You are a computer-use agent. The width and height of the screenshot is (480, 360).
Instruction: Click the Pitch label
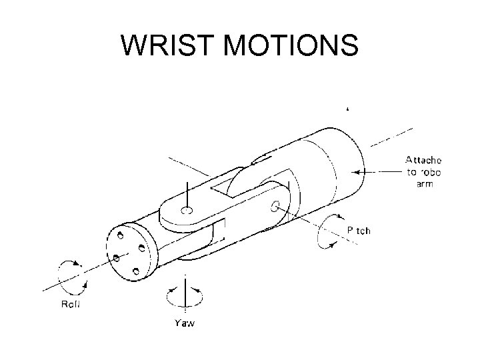coord(359,231)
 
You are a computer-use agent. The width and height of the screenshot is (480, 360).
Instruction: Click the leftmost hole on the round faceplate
coord(115,257)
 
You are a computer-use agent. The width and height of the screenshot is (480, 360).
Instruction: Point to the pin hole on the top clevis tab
coord(187,211)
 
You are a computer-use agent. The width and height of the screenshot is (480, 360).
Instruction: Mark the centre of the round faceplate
coord(131,253)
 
